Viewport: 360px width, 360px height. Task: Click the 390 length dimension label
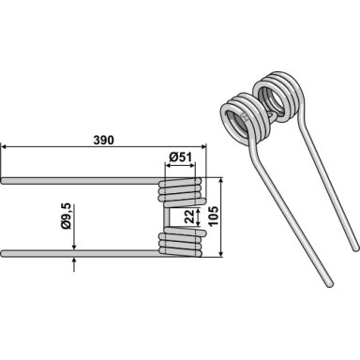pos(104,141)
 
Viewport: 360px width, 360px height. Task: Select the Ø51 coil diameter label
pos(180,157)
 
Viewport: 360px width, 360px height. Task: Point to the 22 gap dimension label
pos(189,217)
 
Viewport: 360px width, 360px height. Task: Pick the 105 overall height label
pos(214,217)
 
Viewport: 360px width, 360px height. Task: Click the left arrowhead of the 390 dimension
pos(4,146)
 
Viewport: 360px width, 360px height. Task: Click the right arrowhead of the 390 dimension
pos(203,146)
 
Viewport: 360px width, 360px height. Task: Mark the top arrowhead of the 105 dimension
pos(221,181)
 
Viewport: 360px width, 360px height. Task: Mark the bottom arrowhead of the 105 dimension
pos(221,254)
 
